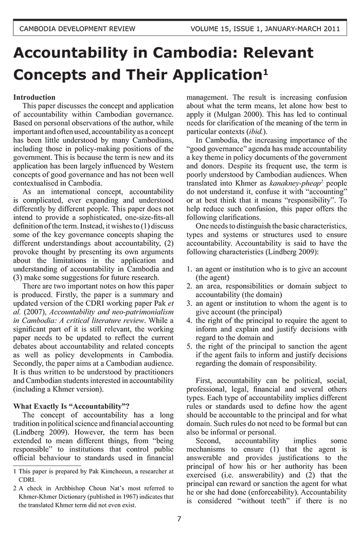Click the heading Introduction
tap(34, 97)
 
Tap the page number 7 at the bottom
tap(179, 519)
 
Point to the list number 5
tap(189, 346)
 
